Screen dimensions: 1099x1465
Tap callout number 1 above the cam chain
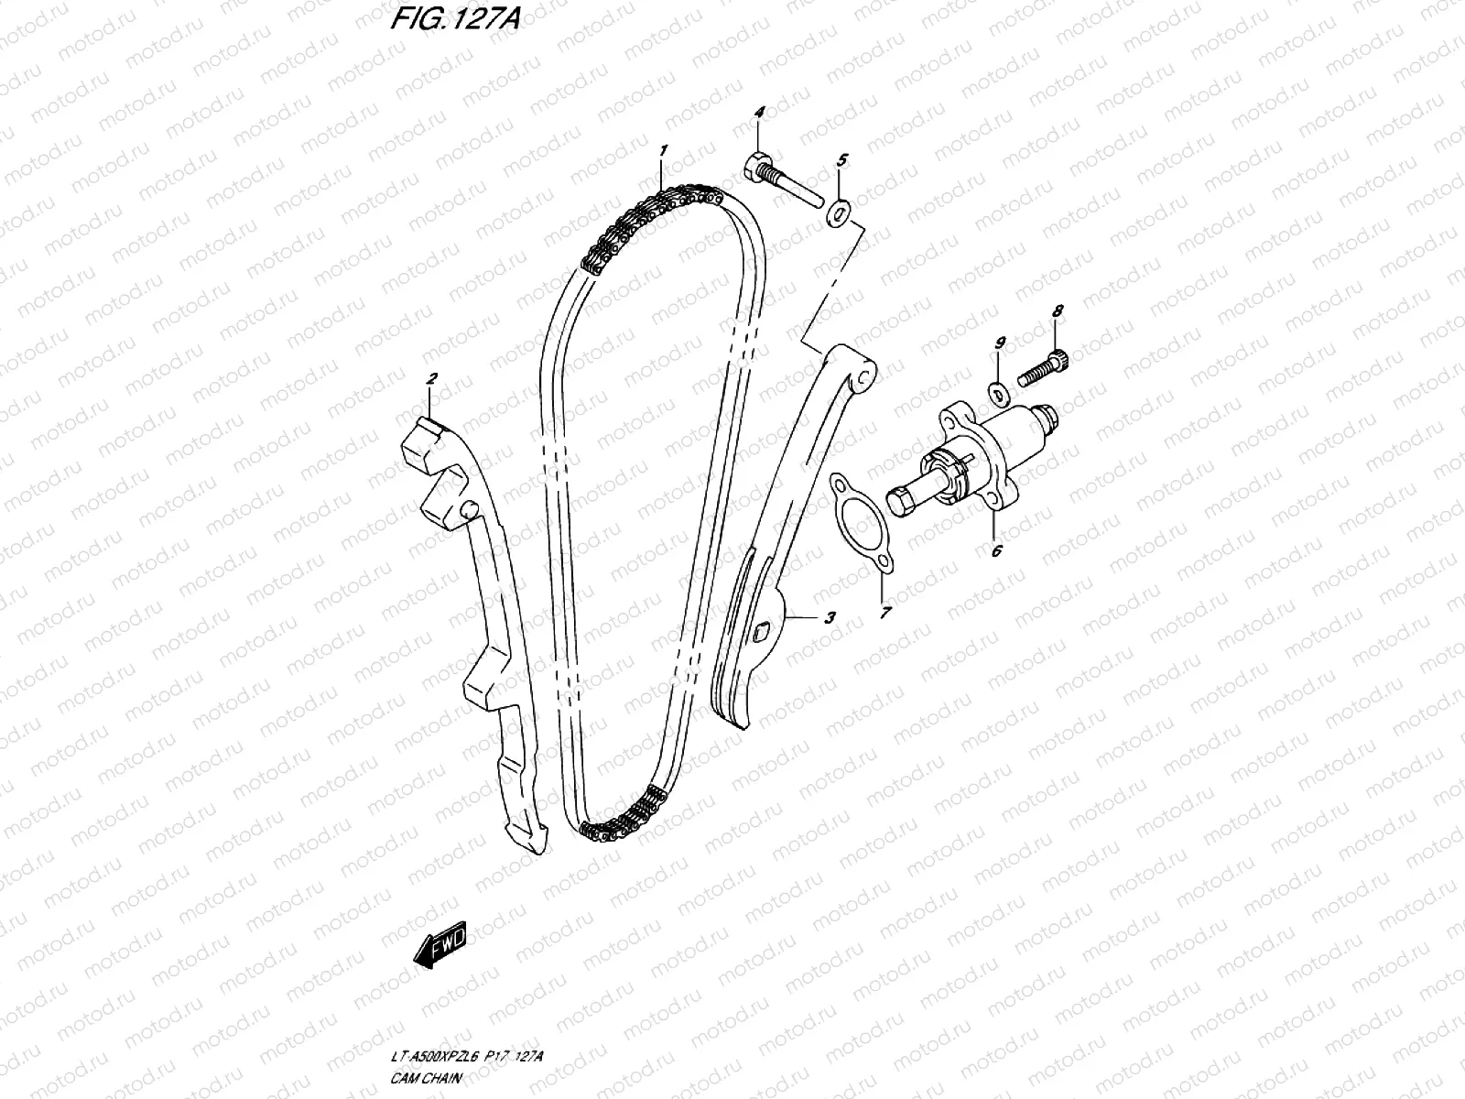point(663,149)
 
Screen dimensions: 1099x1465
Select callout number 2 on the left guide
point(431,377)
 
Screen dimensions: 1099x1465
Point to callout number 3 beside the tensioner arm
point(829,618)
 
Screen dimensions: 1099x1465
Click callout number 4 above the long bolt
point(758,112)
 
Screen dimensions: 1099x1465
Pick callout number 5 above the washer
point(841,160)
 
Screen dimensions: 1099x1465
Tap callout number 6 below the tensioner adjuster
point(996,550)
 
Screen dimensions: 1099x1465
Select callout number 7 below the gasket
point(884,613)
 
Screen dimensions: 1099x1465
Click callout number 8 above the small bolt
point(1058,311)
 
